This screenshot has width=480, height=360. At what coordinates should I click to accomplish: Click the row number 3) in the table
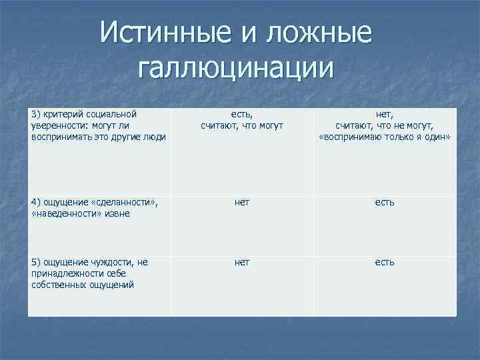pos(37,115)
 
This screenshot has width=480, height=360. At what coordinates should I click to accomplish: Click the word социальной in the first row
pos(113,115)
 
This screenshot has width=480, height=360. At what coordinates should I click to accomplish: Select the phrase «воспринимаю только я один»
pos(385,137)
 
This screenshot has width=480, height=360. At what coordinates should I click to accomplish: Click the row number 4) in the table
pos(37,202)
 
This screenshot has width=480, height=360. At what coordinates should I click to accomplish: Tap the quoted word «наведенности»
pos(64,213)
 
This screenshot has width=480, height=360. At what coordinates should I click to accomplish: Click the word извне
pos(115,213)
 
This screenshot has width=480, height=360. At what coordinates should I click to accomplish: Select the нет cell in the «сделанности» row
pos(242,202)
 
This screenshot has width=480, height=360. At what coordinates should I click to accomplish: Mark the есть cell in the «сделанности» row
pos(385,202)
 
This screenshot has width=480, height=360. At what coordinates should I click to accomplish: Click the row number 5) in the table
pos(37,262)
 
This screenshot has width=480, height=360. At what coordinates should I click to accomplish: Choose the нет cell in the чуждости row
pos(242,262)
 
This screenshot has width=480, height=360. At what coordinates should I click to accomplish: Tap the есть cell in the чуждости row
pos(385,262)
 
